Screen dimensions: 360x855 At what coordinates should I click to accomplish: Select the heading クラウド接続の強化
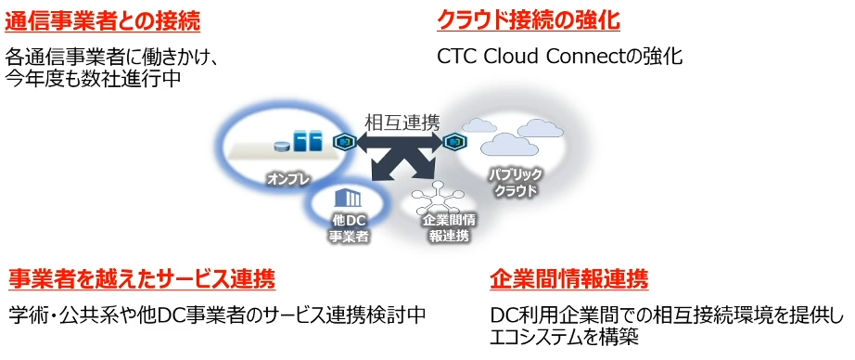pyautogui.click(x=529, y=20)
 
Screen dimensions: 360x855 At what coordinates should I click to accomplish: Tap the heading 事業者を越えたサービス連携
pyautogui.click(x=142, y=279)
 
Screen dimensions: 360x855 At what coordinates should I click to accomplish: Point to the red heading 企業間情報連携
pyautogui.click(x=568, y=279)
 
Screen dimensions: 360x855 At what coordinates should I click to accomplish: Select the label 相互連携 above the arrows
pyautogui.click(x=402, y=122)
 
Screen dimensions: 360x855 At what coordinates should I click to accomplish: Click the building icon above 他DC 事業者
pyautogui.click(x=349, y=197)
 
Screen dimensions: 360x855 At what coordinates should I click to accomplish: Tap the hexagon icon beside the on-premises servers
pyautogui.click(x=345, y=142)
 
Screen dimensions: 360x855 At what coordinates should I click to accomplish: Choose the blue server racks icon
pyautogui.click(x=307, y=142)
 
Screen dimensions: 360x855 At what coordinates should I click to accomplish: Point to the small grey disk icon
pyautogui.click(x=281, y=146)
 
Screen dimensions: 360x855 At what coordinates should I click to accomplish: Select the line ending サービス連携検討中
pyautogui.click(x=217, y=315)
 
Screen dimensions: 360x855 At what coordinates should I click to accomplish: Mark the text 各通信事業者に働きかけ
pyautogui.click(x=111, y=57)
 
